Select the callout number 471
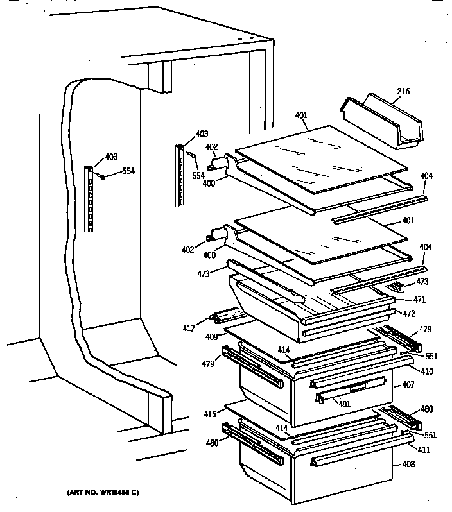[419, 300]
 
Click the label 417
[189, 328]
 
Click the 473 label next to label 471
[422, 282]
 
